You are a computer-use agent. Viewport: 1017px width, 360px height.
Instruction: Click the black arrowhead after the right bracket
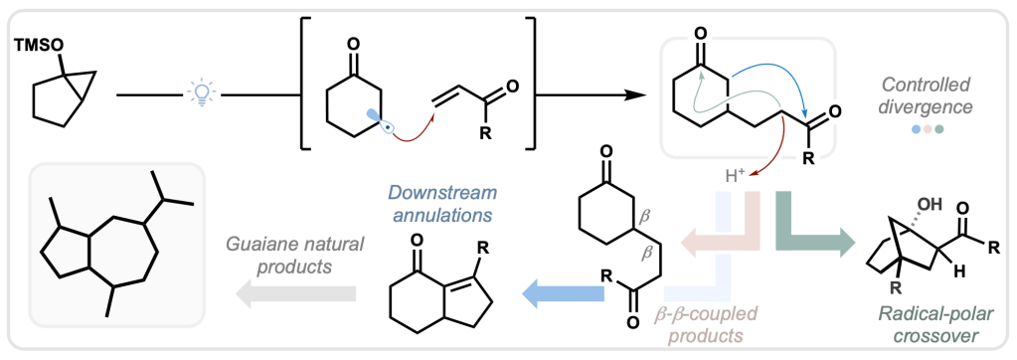(x=639, y=95)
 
